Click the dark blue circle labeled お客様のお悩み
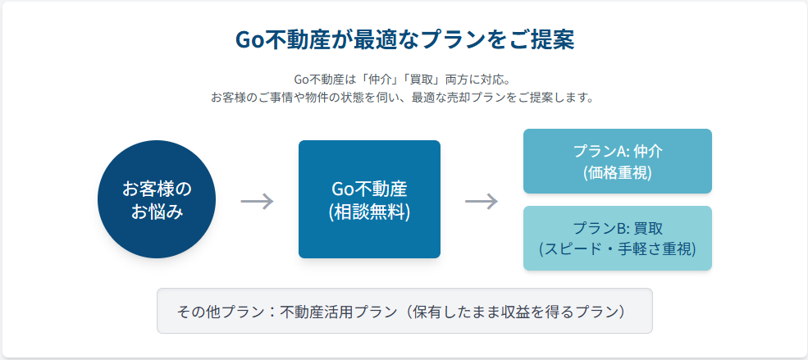[157, 199]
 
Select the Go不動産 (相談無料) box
[369, 199]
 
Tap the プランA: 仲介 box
[618, 162]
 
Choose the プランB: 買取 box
[618, 238]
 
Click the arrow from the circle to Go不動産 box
[257, 201]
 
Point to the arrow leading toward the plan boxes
[482, 201]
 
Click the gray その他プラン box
[404, 311]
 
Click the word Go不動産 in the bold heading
[282, 40]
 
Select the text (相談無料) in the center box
[369, 212]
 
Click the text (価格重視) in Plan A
[618, 173]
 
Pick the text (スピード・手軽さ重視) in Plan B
[618, 249]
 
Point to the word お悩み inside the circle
[157, 212]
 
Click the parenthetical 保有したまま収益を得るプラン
[518, 312]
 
